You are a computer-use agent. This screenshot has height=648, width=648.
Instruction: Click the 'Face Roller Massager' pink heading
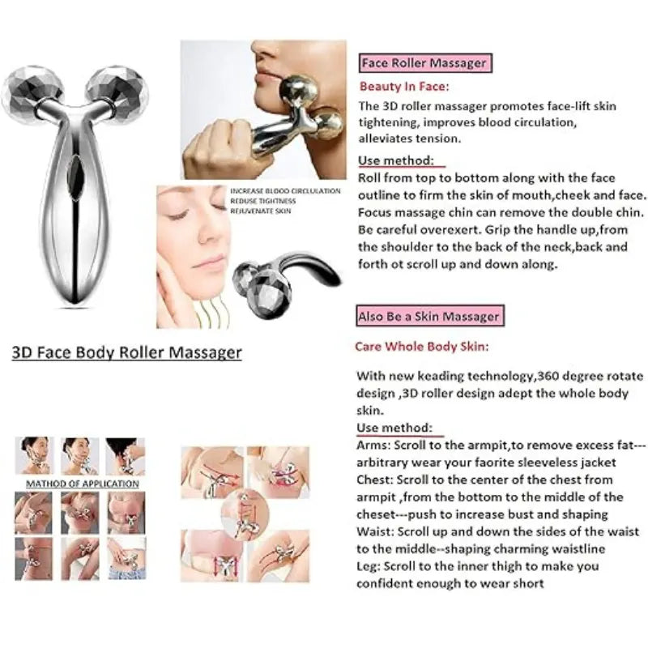[x=424, y=63]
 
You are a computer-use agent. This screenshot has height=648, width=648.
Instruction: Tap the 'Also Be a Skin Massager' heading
[x=429, y=315]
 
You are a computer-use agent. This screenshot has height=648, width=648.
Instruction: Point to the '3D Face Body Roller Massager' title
[x=126, y=352]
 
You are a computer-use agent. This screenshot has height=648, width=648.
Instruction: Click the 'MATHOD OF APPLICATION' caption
[x=82, y=484]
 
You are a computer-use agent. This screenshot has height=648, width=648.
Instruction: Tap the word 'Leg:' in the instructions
[x=369, y=565]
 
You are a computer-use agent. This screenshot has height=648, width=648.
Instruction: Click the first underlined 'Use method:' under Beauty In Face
[x=394, y=161]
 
